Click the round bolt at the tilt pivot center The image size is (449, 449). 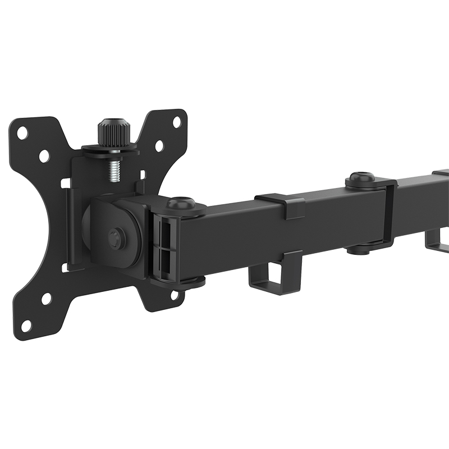pyautogui.click(x=116, y=237)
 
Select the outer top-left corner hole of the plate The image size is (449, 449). pyautogui.click(x=22, y=133)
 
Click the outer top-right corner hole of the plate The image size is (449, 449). pyautogui.click(x=177, y=121)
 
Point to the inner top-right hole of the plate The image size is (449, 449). pyautogui.click(x=159, y=146)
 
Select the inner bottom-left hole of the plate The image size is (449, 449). pyautogui.click(x=46, y=299)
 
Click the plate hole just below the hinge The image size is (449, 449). pyautogui.click(x=175, y=294)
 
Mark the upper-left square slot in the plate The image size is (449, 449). pyautogui.click(x=66, y=183)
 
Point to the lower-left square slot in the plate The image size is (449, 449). pyautogui.click(x=66, y=267)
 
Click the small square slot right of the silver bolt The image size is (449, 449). pyautogui.click(x=141, y=175)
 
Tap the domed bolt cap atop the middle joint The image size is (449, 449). pyautogui.click(x=360, y=179)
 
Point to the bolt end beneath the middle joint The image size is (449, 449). pyautogui.click(x=360, y=249)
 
